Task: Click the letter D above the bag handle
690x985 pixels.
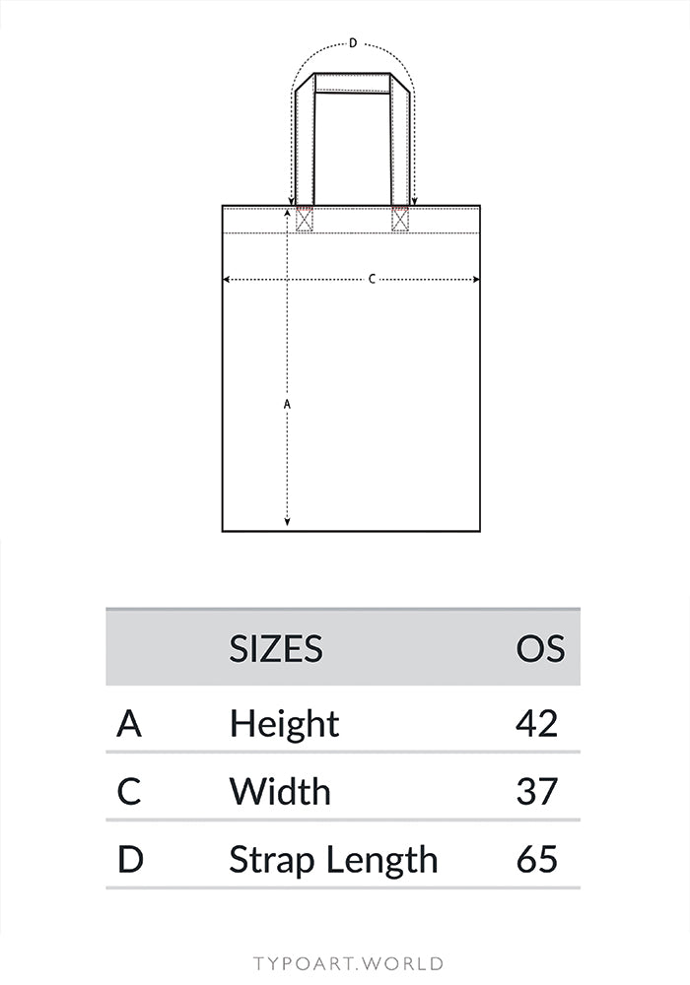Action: pyautogui.click(x=352, y=43)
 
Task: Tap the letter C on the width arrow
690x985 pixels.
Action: pyautogui.click(x=372, y=280)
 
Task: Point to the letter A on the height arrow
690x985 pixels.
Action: pyautogui.click(x=287, y=404)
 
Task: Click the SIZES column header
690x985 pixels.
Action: pyautogui.click(x=276, y=648)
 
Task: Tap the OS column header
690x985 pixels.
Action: pyautogui.click(x=540, y=648)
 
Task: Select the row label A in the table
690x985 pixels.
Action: pyautogui.click(x=129, y=724)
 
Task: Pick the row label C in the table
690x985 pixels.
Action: pyautogui.click(x=129, y=791)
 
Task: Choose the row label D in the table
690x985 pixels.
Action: pyautogui.click(x=130, y=859)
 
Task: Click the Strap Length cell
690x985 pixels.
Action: pyautogui.click(x=333, y=859)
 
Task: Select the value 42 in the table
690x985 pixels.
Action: pyautogui.click(x=537, y=724)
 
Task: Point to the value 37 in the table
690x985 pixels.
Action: pyautogui.click(x=537, y=791)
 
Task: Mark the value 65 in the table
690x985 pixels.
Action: pyautogui.click(x=537, y=859)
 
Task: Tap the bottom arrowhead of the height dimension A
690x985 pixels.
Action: pyautogui.click(x=287, y=523)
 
